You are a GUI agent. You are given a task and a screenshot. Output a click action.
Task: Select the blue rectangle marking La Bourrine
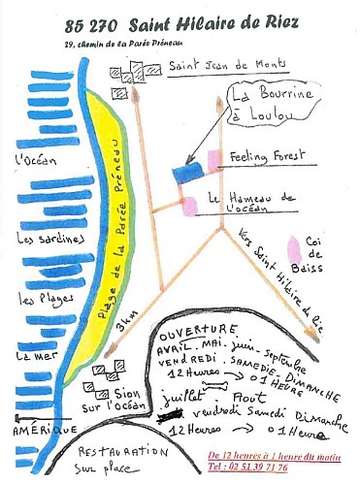189,172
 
